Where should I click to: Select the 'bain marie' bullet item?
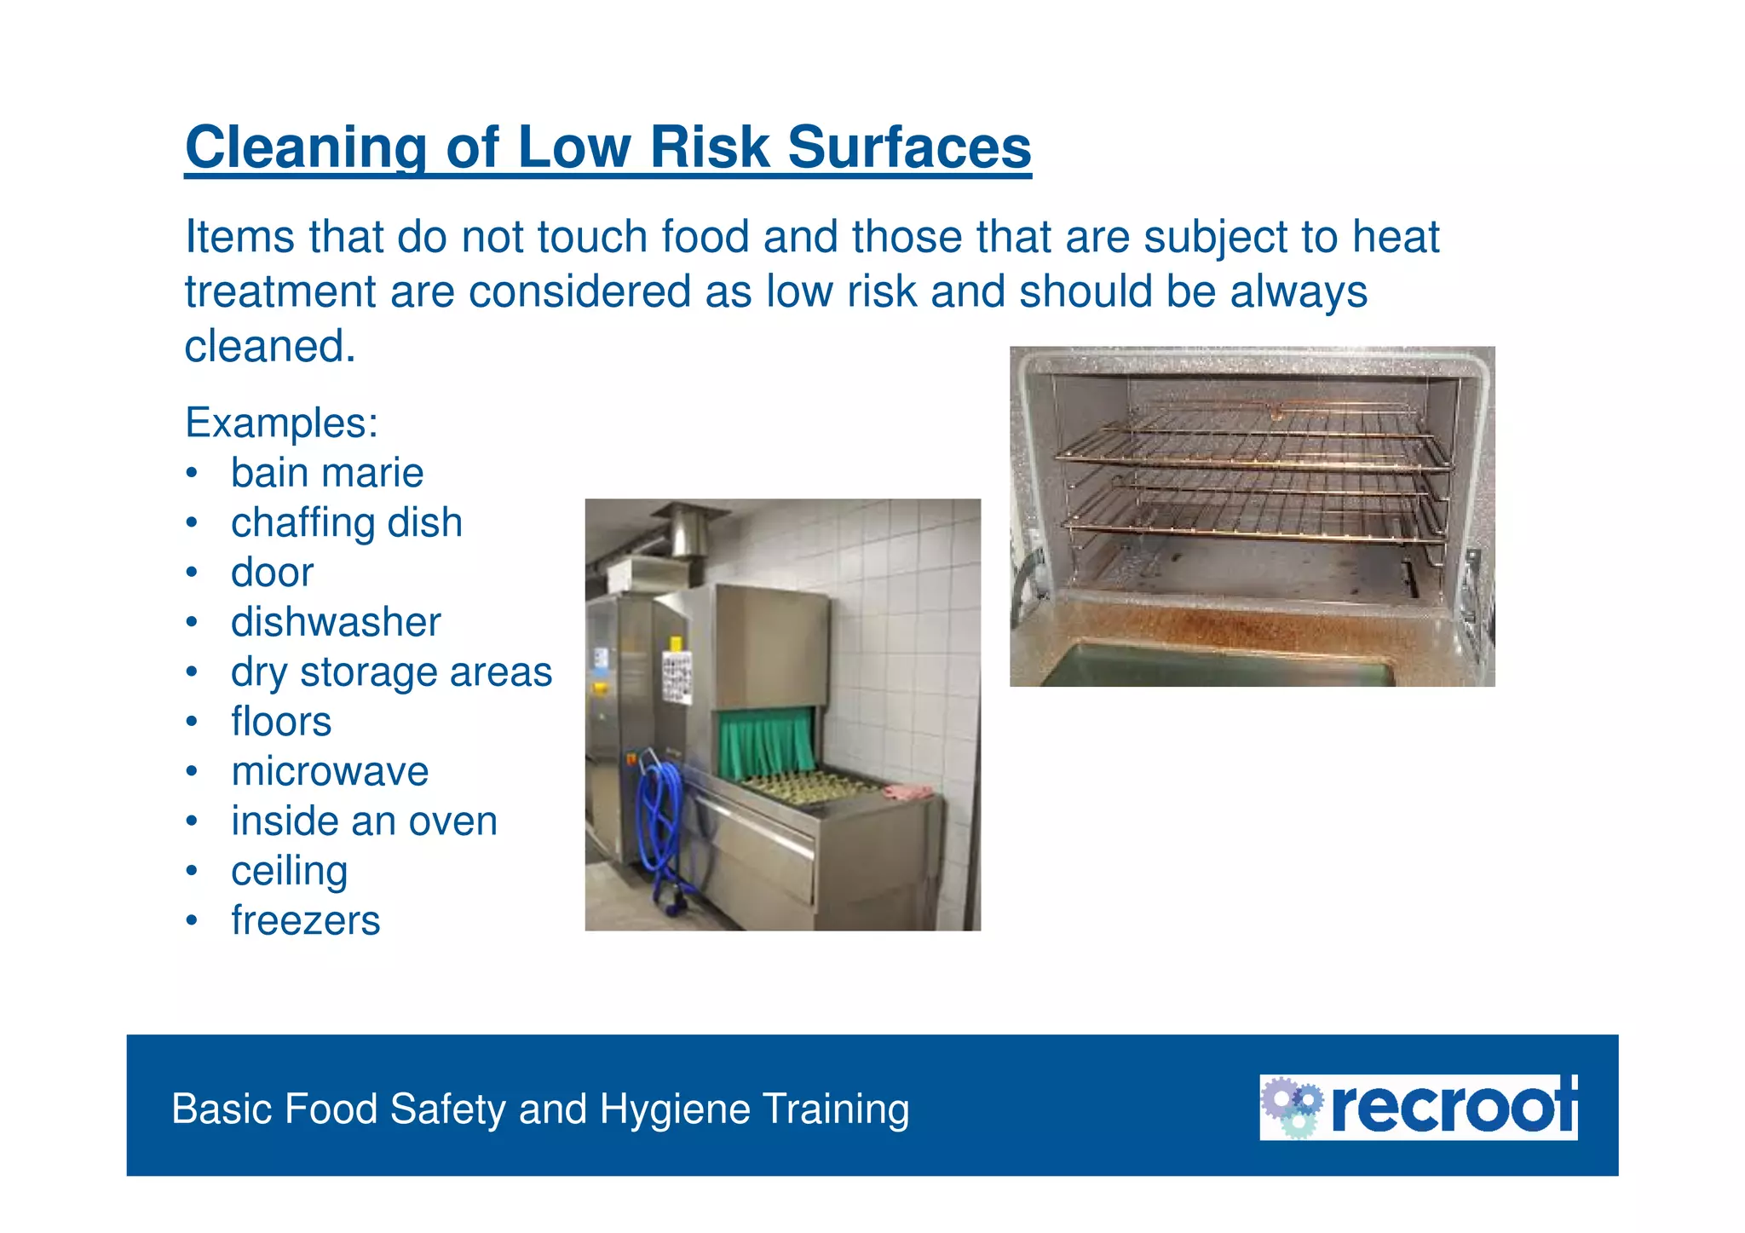[327, 473]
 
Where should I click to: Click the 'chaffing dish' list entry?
[347, 522]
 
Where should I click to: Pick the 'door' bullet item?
[273, 573]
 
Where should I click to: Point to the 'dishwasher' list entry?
[336, 622]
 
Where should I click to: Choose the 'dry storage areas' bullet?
[391, 671]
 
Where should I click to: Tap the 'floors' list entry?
[281, 722]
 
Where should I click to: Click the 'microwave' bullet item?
[330, 771]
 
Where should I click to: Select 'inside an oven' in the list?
[364, 821]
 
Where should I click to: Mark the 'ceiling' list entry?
[290, 871]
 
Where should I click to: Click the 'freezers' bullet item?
[306, 920]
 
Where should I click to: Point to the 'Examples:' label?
[282, 423]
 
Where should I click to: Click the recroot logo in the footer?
[1419, 1107]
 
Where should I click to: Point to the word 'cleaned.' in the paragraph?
[270, 346]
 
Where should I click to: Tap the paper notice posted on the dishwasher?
[677, 677]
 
